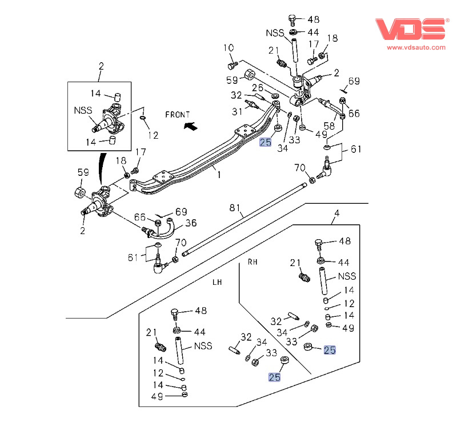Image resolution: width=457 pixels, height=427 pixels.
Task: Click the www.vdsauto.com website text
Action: pyautogui.click(x=410, y=49)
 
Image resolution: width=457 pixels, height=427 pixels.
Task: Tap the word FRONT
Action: pyautogui.click(x=178, y=115)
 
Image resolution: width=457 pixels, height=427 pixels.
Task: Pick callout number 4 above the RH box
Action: pyautogui.click(x=336, y=214)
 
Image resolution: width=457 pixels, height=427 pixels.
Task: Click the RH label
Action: pyautogui.click(x=252, y=262)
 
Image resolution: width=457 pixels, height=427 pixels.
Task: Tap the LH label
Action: pyautogui.click(x=217, y=282)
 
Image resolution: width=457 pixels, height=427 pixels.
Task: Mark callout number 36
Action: pyautogui.click(x=191, y=223)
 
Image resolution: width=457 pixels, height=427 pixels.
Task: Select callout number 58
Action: pyautogui.click(x=330, y=125)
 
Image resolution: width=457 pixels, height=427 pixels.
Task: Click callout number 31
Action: pyautogui.click(x=236, y=111)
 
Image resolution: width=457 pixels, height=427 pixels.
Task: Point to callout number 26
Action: pyautogui.click(x=258, y=88)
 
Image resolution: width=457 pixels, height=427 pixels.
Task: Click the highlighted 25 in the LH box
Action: pyautogui.click(x=275, y=377)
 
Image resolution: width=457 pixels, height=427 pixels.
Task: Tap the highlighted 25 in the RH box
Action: pyautogui.click(x=330, y=350)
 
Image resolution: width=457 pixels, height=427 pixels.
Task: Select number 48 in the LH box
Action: pyautogui.click(x=201, y=311)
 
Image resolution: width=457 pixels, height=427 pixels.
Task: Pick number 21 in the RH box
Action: pyautogui.click(x=295, y=263)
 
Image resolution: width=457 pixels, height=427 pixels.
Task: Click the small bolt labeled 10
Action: pyautogui.click(x=233, y=64)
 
